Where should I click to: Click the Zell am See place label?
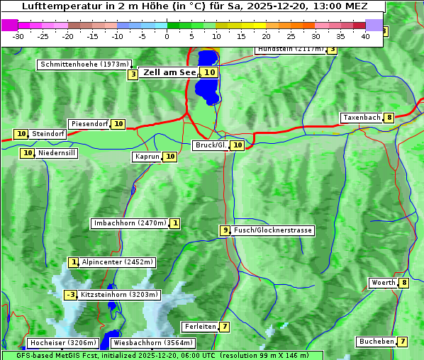click(169, 72)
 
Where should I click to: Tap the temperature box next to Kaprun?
click(169, 157)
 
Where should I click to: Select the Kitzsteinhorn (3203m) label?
click(119, 295)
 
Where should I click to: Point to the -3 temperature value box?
click(70, 295)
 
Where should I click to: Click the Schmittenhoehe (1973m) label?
click(84, 64)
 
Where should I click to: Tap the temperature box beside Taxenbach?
click(389, 118)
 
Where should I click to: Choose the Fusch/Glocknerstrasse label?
click(272, 230)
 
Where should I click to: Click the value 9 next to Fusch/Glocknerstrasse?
click(225, 230)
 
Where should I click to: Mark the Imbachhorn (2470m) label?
click(130, 223)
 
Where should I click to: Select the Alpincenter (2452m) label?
click(117, 262)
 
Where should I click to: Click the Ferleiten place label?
click(199, 327)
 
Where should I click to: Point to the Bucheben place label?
click(376, 342)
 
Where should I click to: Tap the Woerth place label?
click(383, 283)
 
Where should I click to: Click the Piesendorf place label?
click(89, 124)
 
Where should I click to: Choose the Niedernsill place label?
click(57, 152)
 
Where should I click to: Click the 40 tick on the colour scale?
click(365, 36)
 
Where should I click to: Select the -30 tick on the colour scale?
click(19, 36)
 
